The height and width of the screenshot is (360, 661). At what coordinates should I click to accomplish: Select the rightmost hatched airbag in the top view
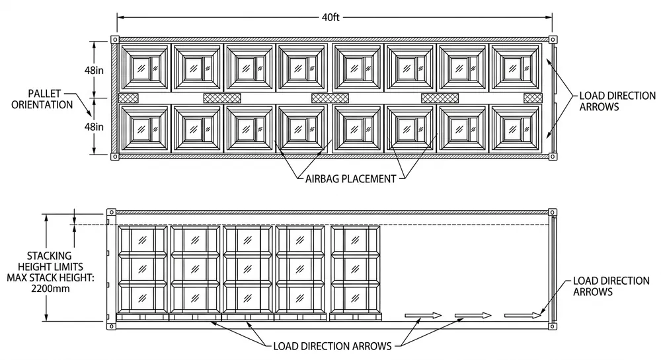[x=533, y=98]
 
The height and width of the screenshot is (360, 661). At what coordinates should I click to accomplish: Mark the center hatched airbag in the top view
[x=330, y=98]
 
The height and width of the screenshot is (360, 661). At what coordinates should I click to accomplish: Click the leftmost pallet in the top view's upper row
[x=142, y=67]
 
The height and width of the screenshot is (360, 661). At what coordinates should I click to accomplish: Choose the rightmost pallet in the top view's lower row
[x=515, y=128]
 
